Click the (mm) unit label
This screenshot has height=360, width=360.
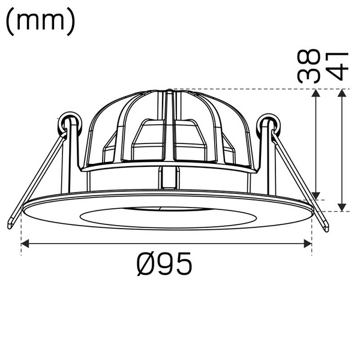click(41, 22)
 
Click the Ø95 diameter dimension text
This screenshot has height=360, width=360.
click(164, 265)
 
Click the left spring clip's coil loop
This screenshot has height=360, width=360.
click(68, 121)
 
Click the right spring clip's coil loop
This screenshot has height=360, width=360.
click(268, 124)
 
